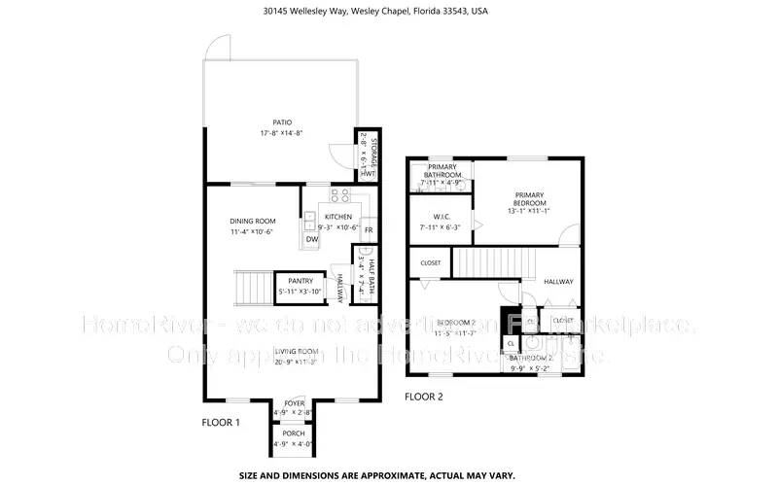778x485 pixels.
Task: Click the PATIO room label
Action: point(283,122)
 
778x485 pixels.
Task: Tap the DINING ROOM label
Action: point(253,221)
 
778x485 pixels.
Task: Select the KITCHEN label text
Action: point(338,217)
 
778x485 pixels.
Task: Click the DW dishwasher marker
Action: point(311,239)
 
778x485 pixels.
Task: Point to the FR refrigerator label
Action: point(369,230)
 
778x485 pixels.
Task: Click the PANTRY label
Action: point(300,281)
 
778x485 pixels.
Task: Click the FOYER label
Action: point(293,404)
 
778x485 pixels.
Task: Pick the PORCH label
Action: point(293,433)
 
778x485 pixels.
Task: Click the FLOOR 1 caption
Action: point(222,423)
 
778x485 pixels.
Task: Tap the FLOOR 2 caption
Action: point(424,397)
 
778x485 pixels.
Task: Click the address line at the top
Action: point(389,13)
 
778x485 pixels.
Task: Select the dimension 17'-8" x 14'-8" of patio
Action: point(283,133)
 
